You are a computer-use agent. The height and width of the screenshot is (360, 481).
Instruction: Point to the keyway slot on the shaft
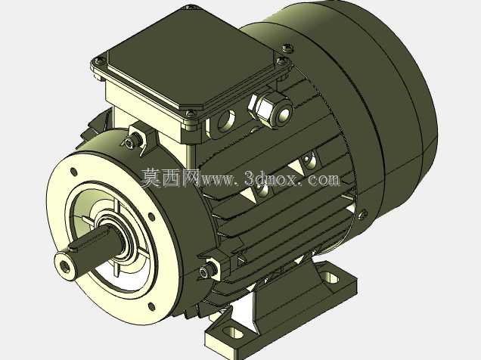92,237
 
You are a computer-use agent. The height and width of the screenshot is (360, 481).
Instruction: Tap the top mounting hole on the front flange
73,172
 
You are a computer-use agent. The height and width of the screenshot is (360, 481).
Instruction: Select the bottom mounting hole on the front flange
151,306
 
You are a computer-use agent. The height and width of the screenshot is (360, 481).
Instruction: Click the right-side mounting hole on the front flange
151,217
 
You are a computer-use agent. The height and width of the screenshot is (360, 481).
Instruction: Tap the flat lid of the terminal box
190,58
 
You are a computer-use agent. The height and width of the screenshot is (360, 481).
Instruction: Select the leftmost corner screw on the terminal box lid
100,61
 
